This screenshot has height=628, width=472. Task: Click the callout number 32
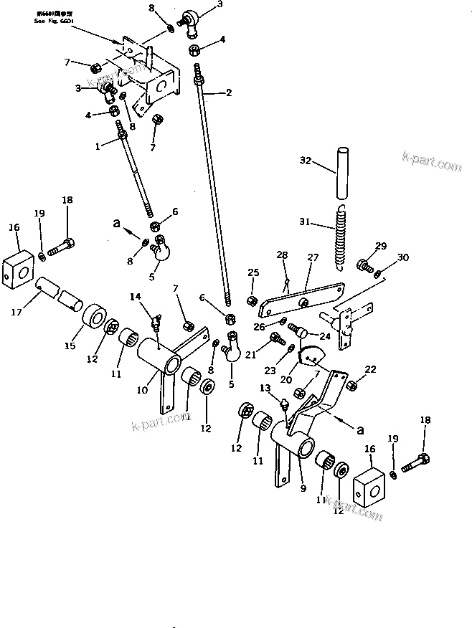[306, 162]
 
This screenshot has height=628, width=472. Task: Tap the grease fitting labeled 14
[156, 316]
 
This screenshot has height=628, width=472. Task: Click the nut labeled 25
[252, 300]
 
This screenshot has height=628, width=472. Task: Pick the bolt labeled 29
[364, 267]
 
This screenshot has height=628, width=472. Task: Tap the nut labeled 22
[351, 386]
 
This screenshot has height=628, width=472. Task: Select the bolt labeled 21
[275, 338]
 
